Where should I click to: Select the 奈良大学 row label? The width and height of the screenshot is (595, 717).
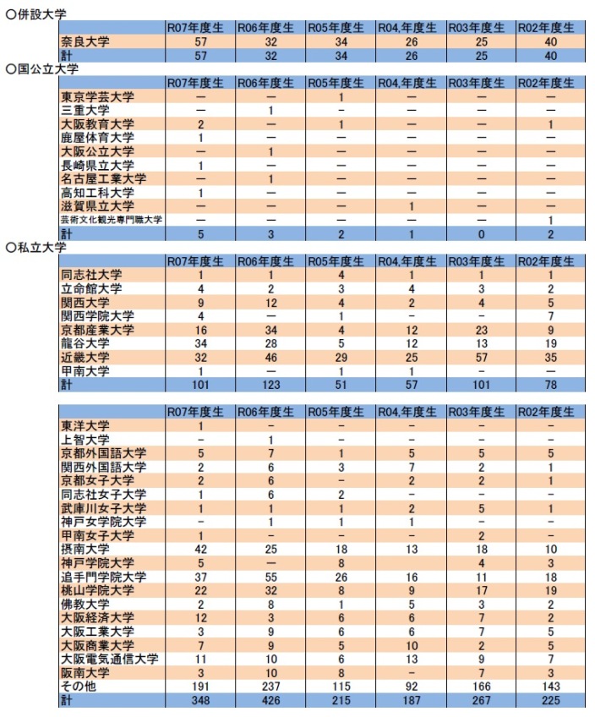coord(85,41)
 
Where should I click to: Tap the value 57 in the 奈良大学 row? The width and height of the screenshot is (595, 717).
coord(201,41)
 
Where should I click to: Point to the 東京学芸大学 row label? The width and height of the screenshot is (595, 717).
coord(92,96)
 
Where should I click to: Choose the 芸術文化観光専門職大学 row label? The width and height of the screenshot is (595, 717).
coord(110,220)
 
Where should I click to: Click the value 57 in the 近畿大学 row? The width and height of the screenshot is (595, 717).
coord(481,358)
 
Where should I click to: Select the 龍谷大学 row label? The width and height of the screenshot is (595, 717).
coord(85,343)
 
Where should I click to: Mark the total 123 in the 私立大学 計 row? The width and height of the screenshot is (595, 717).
coord(270,385)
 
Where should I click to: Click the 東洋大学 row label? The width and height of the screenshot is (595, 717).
coord(85,426)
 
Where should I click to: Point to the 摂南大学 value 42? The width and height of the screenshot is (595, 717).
coord(201,550)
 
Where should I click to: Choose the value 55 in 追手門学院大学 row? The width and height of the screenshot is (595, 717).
coord(270,577)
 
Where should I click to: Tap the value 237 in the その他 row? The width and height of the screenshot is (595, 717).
coord(270,687)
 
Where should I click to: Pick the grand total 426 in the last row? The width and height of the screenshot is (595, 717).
coord(270,700)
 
